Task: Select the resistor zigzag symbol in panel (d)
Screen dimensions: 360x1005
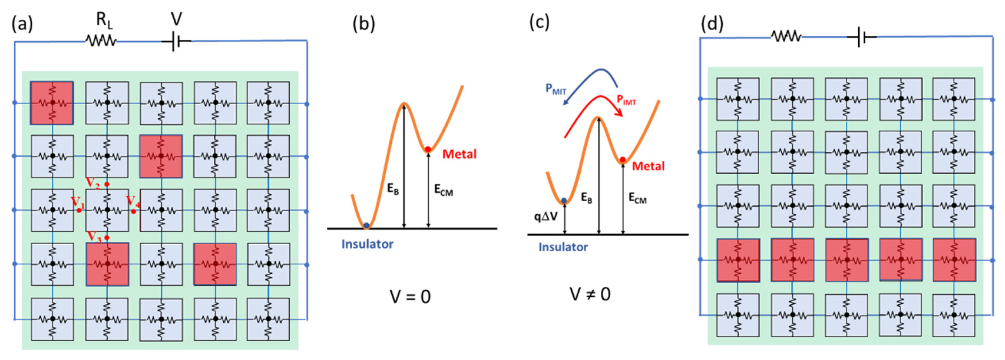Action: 786,37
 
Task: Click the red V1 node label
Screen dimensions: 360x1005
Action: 77,202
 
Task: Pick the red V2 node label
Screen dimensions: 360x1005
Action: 93,182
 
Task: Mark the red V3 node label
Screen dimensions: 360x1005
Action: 93,236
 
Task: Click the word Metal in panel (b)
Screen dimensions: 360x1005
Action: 459,154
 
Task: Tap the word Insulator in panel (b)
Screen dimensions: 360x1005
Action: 367,244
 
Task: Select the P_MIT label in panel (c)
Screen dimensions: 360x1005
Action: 556,90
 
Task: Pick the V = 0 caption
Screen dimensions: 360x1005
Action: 410,297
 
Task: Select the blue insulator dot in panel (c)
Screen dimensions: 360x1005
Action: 564,200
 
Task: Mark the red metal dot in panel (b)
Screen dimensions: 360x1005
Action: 428,149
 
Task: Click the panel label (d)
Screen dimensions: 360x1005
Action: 712,24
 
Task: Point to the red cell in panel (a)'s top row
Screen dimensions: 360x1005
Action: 52,103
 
